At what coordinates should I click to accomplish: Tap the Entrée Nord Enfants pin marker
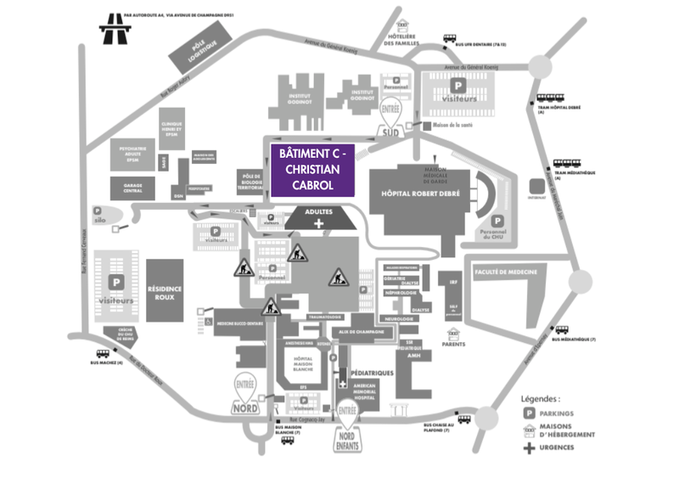coord(348,419)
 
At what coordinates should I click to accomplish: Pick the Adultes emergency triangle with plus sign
coord(319,218)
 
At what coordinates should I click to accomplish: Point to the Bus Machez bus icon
coord(103,353)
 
